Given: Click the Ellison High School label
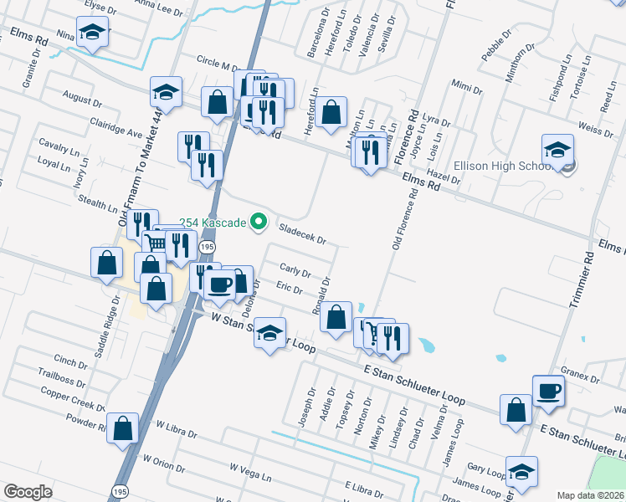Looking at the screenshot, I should tap(500, 166).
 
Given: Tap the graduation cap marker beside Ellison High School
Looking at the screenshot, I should tap(557, 151).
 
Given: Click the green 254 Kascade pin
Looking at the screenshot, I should tap(259, 222).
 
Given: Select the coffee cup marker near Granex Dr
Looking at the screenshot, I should tap(548, 392).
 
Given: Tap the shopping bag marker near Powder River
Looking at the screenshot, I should tap(123, 429).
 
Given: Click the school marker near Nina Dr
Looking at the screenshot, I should tap(90, 33).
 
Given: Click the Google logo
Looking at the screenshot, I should tap(28, 491).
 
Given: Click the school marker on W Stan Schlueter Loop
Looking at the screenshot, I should tap(269, 335).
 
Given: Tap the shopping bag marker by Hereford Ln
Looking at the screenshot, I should tap(331, 111).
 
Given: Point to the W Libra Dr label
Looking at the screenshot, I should tap(176, 435).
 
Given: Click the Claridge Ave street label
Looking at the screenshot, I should tap(116, 127).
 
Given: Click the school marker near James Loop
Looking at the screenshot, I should tap(521, 472).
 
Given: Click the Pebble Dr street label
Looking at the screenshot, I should tap(495, 48).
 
